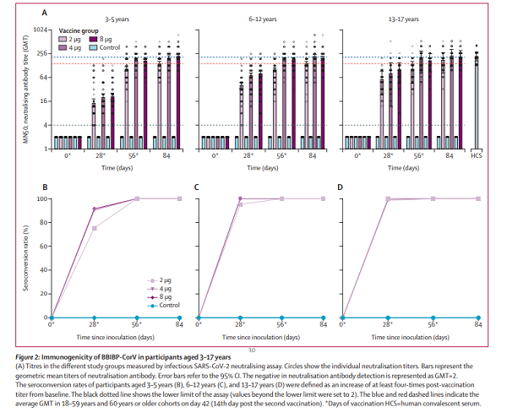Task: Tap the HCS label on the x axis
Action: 477,156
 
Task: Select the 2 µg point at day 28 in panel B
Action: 93,228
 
